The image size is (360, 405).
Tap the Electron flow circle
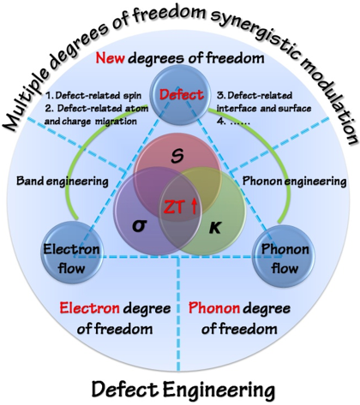pos(72,252)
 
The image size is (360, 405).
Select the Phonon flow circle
pos(285,254)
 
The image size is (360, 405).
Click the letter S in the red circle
pos(177,157)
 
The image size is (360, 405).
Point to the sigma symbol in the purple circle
pos(140,226)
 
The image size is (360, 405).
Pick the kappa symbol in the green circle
pos(215,228)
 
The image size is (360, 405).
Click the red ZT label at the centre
pos(173,207)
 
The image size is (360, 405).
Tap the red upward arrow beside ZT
pos(194,206)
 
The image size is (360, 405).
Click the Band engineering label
pos(63,182)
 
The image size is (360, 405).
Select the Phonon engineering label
pos(295,182)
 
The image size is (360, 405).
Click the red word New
pos(110,58)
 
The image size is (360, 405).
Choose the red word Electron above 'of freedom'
pos(89,308)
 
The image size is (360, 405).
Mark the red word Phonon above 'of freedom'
pos(214,308)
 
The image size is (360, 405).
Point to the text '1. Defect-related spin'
pos(93,95)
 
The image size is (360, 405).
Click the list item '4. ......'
pos(233,122)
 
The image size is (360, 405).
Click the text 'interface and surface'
pos(264,109)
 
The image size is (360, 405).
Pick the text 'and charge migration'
pos(91,122)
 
